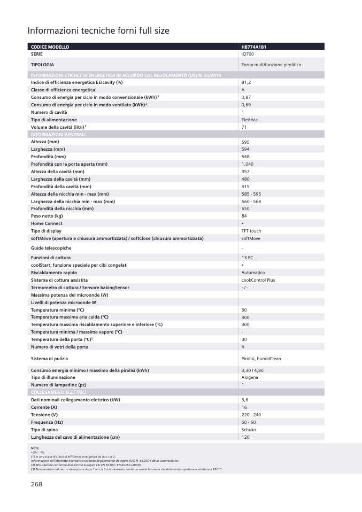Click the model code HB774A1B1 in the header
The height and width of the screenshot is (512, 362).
click(x=254, y=47)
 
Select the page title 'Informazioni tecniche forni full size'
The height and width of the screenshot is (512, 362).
click(x=98, y=31)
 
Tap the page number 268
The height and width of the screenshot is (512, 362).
click(x=36, y=484)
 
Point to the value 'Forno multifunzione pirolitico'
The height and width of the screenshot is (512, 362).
click(x=271, y=65)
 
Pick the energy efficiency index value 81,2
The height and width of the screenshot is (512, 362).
click(x=246, y=82)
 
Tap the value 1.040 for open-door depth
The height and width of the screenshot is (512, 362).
click(x=247, y=164)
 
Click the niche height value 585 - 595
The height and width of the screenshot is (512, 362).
click(x=252, y=194)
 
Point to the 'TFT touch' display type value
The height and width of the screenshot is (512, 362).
click(x=251, y=231)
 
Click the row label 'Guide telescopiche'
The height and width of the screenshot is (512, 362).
click(x=51, y=248)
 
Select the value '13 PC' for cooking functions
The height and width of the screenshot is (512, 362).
click(x=247, y=258)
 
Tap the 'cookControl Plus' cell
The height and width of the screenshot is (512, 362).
click(x=258, y=280)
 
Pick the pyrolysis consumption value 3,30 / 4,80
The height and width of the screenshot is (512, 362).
click(x=252, y=370)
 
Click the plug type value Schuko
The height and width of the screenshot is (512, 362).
click(x=249, y=430)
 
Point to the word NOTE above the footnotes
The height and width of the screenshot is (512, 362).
click(x=35, y=448)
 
